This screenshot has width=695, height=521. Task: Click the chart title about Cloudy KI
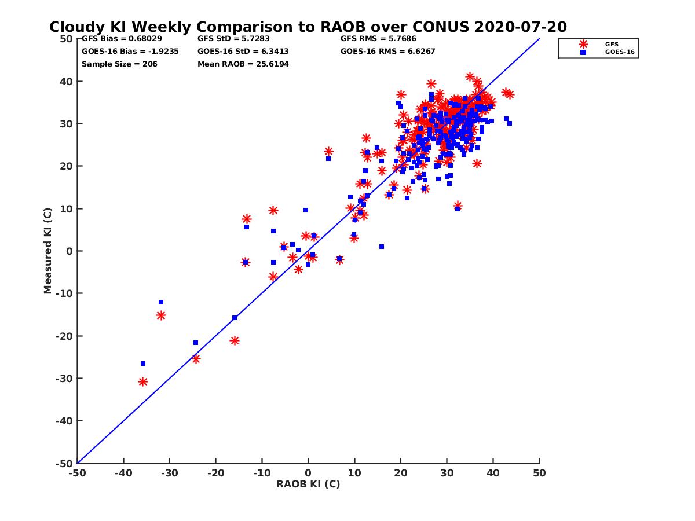[308, 27]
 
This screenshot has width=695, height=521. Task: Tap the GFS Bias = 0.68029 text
[122, 39]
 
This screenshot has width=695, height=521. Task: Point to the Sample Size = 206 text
[119, 64]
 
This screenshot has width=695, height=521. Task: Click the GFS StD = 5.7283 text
[233, 39]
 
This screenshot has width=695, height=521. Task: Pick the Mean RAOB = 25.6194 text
[243, 64]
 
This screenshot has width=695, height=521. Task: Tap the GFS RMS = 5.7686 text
[378, 39]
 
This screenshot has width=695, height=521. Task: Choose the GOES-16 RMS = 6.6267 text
[387, 51]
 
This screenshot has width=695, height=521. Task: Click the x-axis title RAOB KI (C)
[308, 484]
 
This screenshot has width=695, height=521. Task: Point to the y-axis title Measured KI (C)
[48, 251]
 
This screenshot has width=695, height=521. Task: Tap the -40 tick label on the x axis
[123, 473]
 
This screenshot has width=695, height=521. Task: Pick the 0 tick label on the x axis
[308, 473]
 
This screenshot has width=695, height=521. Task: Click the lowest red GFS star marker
[142, 381]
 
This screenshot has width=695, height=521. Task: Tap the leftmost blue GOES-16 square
[143, 364]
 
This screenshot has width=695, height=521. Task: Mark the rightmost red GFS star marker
[510, 94]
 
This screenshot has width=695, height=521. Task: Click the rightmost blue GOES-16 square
[510, 123]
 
